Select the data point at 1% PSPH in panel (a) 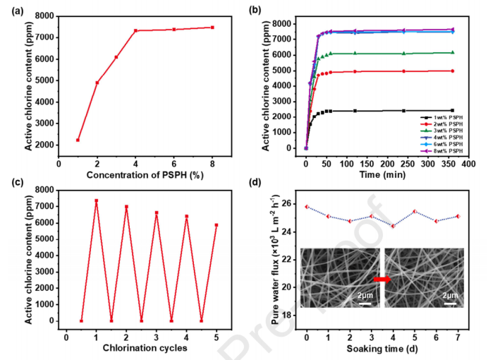[78, 140]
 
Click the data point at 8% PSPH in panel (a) [212, 28]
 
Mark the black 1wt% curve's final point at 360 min [452, 110]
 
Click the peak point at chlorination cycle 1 [96, 200]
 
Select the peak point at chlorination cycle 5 [216, 225]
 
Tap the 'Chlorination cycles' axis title [142, 348]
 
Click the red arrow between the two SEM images [382, 280]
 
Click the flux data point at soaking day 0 [305, 207]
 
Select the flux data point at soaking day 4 [393, 226]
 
